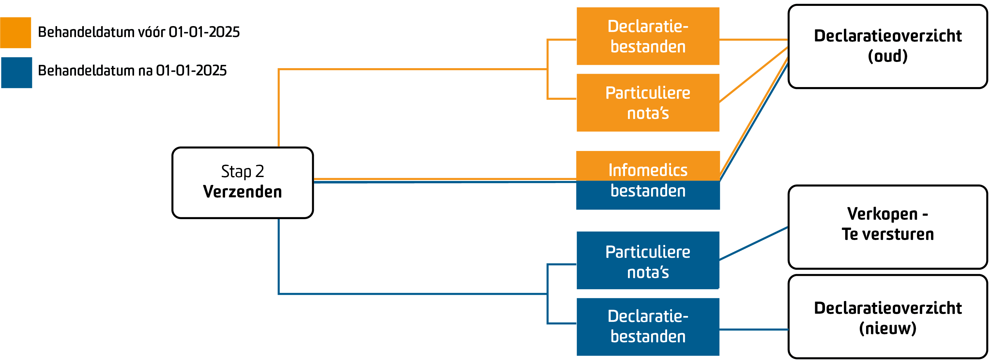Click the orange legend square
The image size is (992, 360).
click(x=15, y=33)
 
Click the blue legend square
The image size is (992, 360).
click(x=16, y=73)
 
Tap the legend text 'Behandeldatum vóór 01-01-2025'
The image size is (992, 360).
click(x=139, y=32)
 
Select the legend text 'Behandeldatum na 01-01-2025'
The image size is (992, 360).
click(x=132, y=71)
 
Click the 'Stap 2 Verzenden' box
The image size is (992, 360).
click(x=243, y=183)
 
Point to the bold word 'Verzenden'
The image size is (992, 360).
click(x=243, y=192)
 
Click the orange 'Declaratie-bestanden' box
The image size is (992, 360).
click(x=648, y=36)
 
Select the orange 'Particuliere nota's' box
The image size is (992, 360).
click(x=648, y=103)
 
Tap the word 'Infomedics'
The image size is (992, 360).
click(x=648, y=170)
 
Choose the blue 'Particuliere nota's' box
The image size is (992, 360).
click(x=648, y=260)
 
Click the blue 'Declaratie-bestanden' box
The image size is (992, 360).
click(x=648, y=326)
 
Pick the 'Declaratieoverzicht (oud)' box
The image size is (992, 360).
click(x=887, y=46)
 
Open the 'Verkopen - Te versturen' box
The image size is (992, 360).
click(x=887, y=227)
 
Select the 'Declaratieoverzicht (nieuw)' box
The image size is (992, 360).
click(x=887, y=317)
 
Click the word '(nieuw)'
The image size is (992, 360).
click(x=887, y=328)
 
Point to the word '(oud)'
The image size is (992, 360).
click(x=887, y=56)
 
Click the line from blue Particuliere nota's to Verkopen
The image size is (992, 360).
click(x=754, y=244)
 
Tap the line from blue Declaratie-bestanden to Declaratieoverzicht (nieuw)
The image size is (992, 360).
click(x=754, y=330)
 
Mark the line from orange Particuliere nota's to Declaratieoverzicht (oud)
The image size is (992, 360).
click(x=754, y=75)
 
